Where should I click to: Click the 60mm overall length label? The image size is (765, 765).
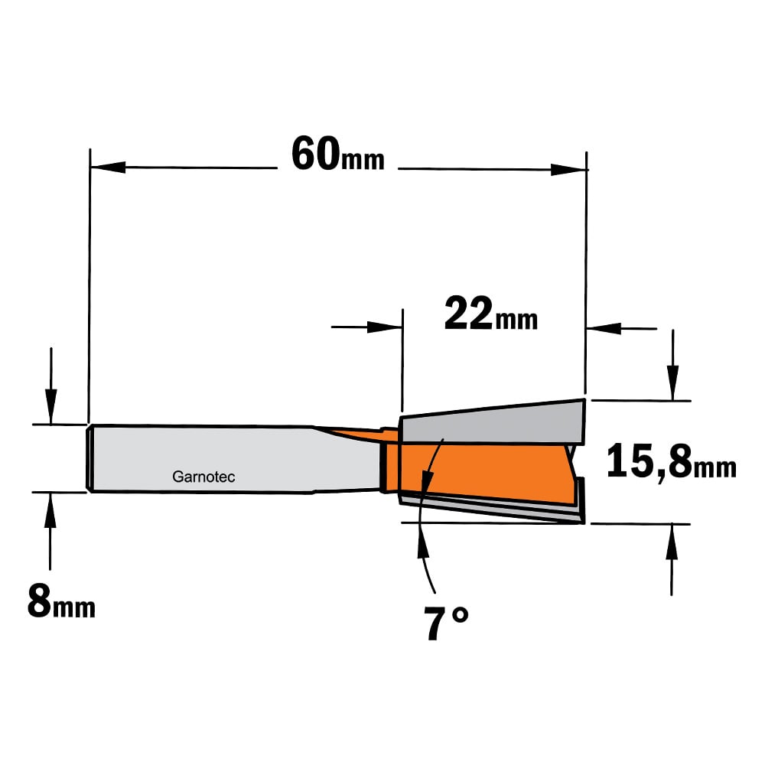(x=337, y=155)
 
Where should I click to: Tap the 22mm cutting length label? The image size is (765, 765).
(x=491, y=314)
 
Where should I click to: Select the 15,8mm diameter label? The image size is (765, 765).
(x=672, y=461)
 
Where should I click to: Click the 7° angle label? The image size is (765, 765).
(x=445, y=623)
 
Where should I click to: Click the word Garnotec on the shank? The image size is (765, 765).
(x=203, y=477)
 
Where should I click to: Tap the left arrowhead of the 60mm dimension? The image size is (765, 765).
(x=108, y=168)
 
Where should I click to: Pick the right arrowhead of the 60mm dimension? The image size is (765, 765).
(x=568, y=170)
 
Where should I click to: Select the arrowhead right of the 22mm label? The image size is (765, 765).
(x=604, y=328)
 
